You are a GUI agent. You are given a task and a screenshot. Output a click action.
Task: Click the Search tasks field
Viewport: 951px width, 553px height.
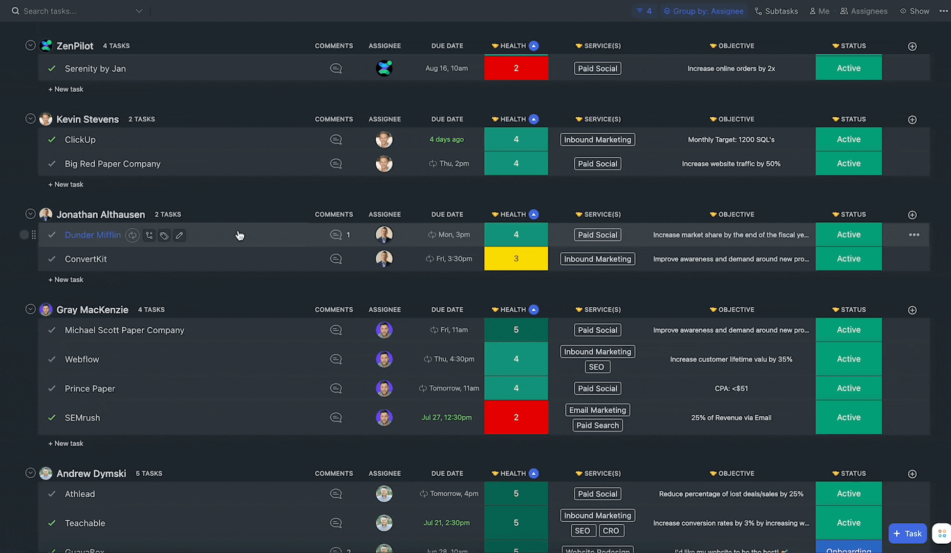(77, 11)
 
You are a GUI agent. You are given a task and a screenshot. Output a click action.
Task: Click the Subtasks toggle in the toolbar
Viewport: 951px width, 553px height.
(776, 11)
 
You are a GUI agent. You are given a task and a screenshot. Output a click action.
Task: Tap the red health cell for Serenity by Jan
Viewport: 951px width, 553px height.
(516, 68)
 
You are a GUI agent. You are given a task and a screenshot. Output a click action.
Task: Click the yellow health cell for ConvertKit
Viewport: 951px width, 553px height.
(516, 259)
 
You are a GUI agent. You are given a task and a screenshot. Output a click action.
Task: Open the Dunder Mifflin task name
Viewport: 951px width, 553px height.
(93, 235)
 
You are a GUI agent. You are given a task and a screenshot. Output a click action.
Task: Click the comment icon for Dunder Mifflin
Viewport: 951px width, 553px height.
(336, 235)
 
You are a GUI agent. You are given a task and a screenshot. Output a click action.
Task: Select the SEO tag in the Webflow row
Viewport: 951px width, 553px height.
(596, 367)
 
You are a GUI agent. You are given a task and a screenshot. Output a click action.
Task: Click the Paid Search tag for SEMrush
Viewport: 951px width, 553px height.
(597, 425)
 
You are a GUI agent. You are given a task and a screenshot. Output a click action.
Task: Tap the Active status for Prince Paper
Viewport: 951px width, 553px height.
(848, 388)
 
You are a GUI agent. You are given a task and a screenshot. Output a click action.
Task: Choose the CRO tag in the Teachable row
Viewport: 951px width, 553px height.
(611, 530)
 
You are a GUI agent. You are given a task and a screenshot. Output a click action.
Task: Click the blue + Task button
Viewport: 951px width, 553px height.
(907, 534)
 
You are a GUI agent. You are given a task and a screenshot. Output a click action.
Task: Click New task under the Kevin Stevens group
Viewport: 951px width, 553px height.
(66, 184)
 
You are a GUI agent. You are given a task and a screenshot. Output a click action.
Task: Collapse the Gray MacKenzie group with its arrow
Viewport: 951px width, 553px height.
(30, 309)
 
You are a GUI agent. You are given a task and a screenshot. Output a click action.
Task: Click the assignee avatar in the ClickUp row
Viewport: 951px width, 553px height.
(384, 139)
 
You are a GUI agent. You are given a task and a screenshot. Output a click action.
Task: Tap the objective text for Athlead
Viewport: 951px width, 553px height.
(731, 494)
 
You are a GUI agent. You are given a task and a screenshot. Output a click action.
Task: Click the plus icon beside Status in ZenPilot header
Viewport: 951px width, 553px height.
(912, 46)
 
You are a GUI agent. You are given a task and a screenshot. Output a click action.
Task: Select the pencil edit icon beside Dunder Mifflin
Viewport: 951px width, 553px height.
(179, 236)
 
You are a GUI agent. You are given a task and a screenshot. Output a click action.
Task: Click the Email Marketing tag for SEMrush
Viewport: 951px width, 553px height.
(597, 410)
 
